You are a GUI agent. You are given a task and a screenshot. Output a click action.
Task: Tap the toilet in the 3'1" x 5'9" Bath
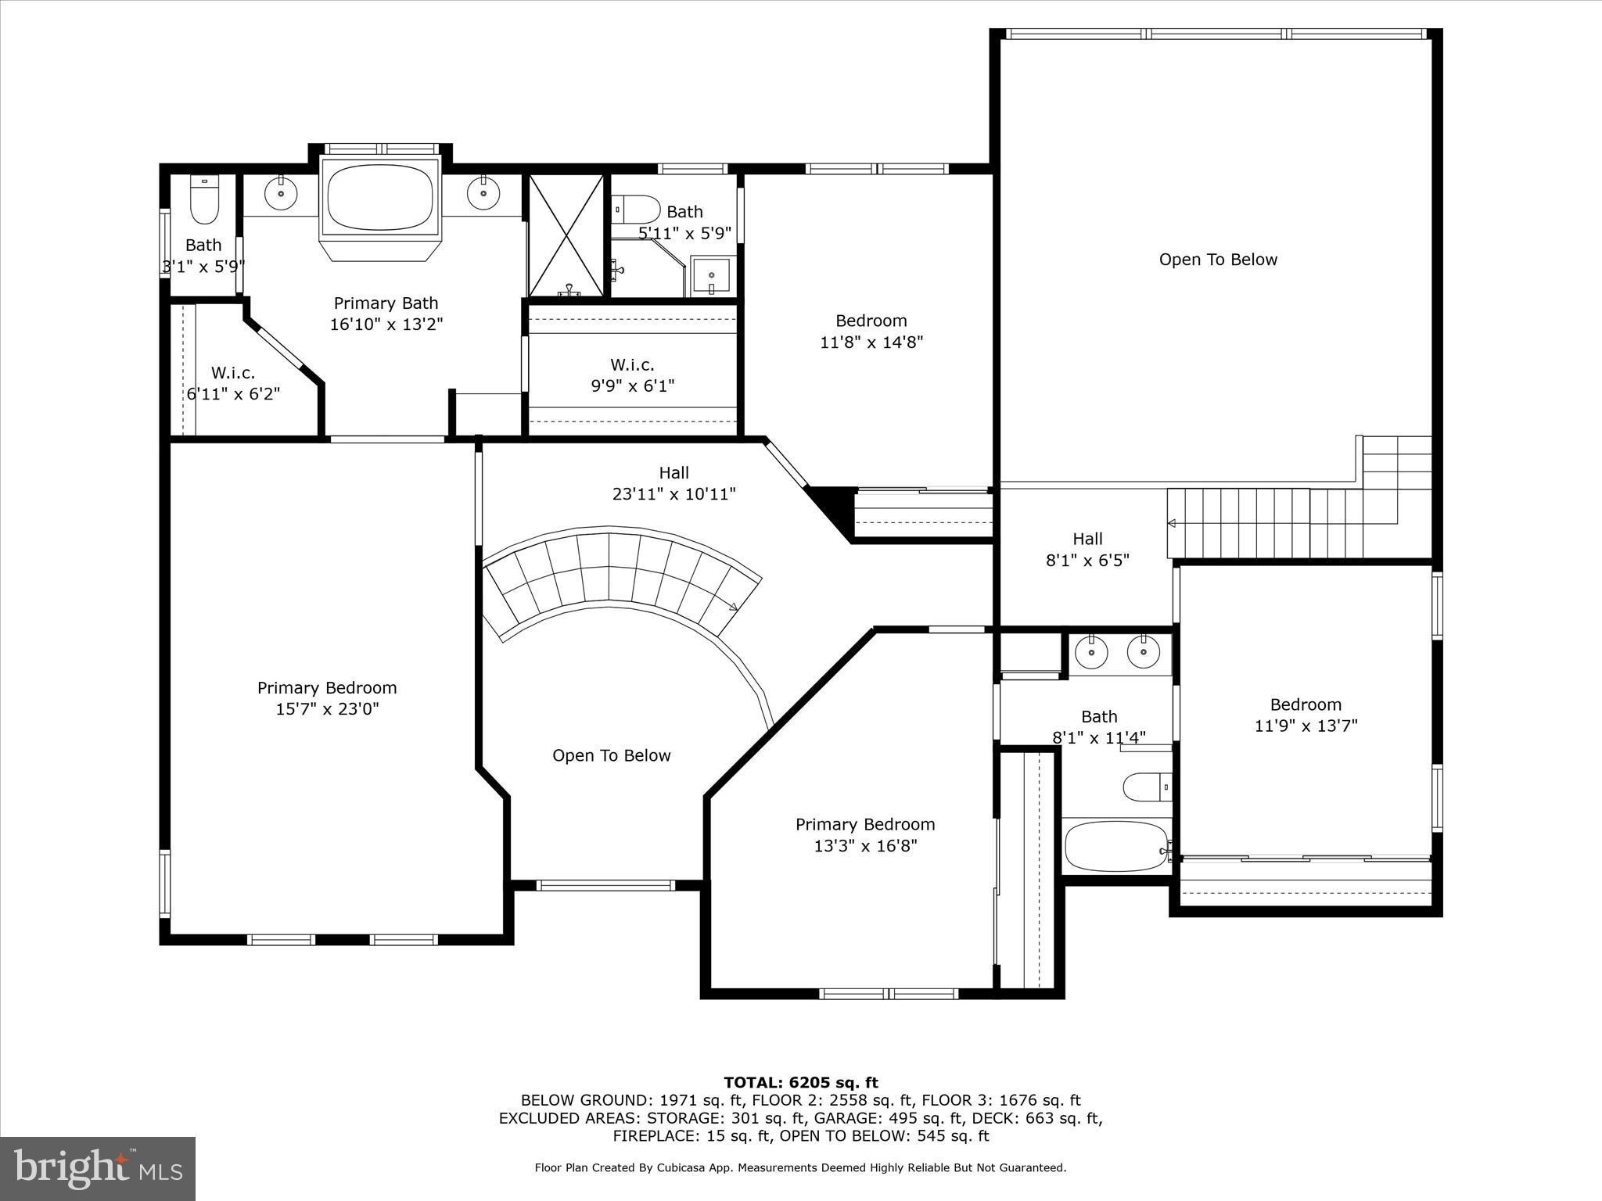205,201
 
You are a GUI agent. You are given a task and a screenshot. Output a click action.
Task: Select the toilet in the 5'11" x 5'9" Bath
637,210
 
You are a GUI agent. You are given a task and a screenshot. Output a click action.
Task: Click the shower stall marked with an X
567,235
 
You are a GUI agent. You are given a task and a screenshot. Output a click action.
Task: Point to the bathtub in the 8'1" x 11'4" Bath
1115,846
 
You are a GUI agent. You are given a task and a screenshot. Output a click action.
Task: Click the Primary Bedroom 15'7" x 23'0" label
327,698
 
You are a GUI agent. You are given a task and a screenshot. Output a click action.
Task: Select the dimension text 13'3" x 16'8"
865,845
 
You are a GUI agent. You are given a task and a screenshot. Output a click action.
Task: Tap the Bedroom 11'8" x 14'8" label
871,331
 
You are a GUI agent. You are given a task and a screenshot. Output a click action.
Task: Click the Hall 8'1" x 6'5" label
1087,549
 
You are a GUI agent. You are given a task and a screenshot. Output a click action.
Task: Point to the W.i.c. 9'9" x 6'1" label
632,375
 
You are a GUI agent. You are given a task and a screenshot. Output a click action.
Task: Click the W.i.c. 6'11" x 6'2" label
233,383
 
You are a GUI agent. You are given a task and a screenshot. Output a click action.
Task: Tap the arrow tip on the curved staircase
734,606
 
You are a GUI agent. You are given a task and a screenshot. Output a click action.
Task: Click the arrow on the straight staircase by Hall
1172,523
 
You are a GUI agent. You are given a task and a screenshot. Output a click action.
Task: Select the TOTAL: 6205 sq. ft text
801,1083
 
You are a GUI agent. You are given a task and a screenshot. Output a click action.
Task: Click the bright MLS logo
98,1168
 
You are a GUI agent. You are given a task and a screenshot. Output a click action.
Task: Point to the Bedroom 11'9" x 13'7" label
1306,715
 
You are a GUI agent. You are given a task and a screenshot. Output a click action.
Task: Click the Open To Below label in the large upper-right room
1218,260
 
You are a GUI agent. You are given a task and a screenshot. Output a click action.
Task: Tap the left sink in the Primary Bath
279,193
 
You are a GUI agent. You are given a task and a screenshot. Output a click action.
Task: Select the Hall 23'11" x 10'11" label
673,482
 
